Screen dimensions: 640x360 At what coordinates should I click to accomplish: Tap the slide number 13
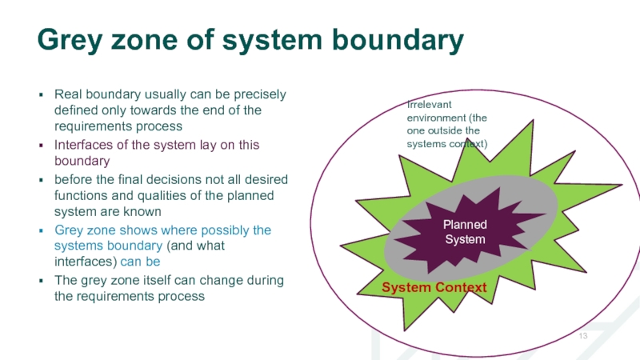tap(583, 334)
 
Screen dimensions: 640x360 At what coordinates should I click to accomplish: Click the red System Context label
tap(433, 287)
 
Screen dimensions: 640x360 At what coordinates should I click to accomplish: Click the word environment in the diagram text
tap(437, 117)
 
